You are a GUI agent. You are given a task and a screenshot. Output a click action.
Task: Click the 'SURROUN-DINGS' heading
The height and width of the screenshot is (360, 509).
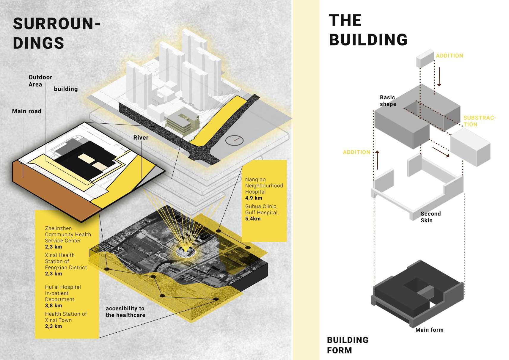click(x=56, y=33)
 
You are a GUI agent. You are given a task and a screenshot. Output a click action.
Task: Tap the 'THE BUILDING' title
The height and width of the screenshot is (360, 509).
click(x=368, y=30)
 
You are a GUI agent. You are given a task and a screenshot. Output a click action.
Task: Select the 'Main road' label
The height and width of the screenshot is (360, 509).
click(x=26, y=111)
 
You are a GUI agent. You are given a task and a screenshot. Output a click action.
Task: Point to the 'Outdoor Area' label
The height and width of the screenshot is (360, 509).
click(x=40, y=81)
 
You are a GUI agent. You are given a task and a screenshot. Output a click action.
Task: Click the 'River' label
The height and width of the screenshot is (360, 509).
click(x=141, y=138)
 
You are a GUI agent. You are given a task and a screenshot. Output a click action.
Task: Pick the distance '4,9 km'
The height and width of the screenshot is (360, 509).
click(x=254, y=198)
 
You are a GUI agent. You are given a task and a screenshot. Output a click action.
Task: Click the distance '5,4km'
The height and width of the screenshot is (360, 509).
click(x=253, y=219)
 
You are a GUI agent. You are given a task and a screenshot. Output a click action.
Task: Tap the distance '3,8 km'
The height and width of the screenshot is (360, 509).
click(x=54, y=306)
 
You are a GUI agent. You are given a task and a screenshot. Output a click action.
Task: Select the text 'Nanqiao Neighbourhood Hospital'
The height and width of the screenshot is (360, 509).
click(x=264, y=185)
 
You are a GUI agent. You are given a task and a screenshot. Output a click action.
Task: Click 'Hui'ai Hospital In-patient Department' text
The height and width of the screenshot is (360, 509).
click(x=63, y=293)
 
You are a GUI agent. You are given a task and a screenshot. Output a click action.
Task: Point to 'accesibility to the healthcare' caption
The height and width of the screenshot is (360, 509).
click(x=125, y=312)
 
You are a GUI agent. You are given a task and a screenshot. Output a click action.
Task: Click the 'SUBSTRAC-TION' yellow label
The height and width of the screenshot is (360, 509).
click(x=479, y=121)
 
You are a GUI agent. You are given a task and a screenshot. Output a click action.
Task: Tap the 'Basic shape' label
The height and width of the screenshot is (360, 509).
click(x=388, y=101)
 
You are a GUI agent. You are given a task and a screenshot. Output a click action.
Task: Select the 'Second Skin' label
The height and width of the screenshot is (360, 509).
click(x=430, y=217)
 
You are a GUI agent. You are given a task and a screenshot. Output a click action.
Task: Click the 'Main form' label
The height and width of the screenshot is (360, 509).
click(x=429, y=330)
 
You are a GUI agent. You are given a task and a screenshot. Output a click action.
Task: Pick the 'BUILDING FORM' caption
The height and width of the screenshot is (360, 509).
click(x=347, y=345)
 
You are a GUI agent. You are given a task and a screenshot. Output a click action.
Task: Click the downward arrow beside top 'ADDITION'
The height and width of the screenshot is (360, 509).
click(x=439, y=77)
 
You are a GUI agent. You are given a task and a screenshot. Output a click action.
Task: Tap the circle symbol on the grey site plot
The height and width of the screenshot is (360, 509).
click(x=235, y=140)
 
